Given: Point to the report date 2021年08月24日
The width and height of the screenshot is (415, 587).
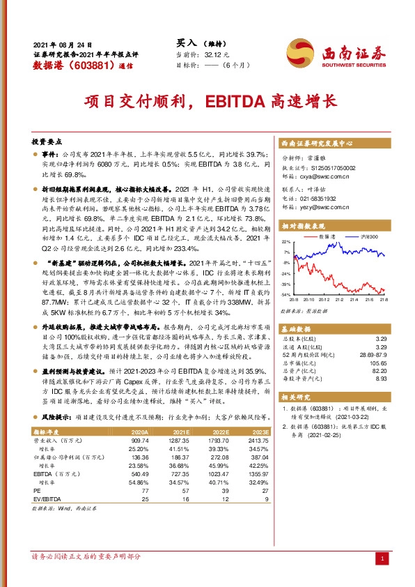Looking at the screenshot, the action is [x=63, y=44].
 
